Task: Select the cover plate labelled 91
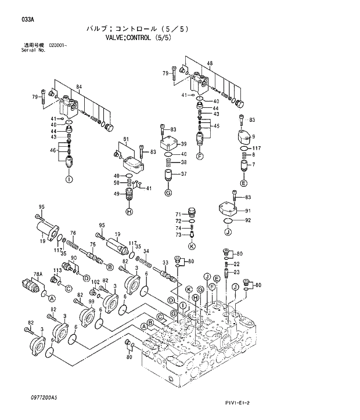[x=228, y=209]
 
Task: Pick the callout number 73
[x=178, y=234]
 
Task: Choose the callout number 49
[x=116, y=194]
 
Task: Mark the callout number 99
[x=92, y=303]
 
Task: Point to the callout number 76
[x=73, y=233]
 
